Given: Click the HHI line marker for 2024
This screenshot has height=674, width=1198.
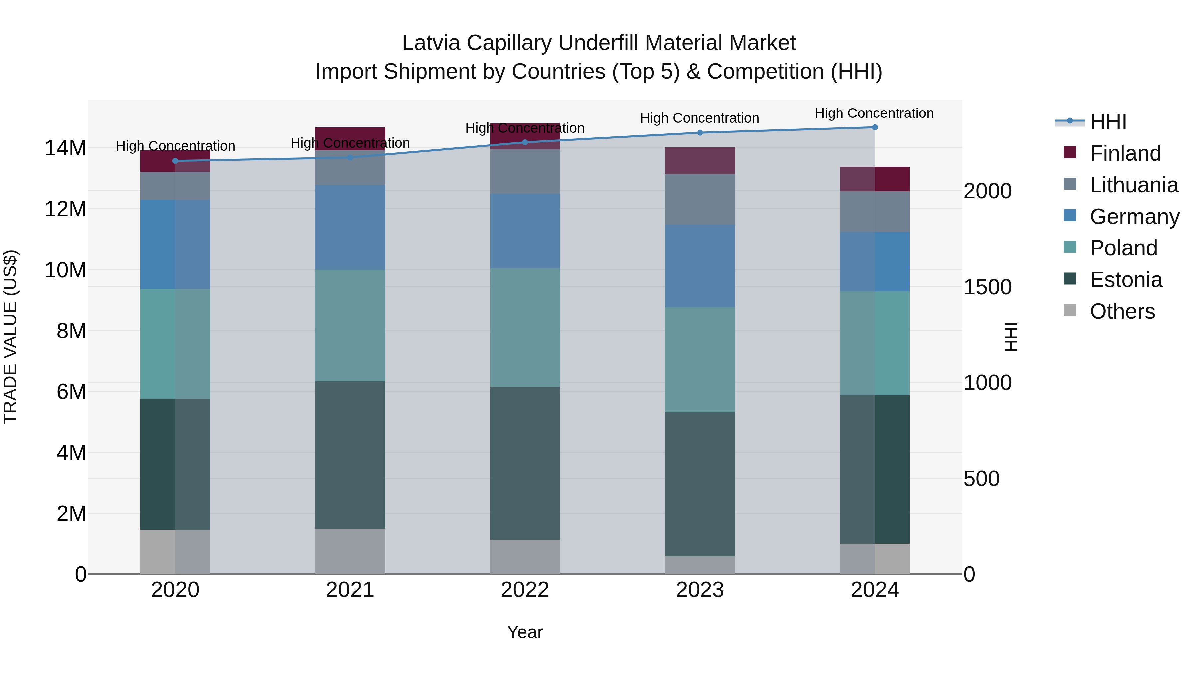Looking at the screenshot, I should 874,127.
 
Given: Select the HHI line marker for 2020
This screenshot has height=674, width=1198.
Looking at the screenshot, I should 175,161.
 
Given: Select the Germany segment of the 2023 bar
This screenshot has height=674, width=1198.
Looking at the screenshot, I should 699,266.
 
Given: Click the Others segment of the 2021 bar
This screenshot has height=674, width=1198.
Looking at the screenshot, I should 350,551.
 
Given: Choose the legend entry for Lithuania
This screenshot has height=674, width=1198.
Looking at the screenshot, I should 1133,185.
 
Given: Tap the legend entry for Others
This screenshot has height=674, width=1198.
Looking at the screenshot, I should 1122,311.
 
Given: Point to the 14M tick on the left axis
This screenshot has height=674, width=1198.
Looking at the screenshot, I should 65,148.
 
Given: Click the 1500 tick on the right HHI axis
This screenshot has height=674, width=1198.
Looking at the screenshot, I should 987,287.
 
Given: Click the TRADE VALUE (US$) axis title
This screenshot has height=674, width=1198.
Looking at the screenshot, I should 10,337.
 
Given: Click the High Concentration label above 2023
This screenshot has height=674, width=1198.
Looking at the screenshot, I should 699,118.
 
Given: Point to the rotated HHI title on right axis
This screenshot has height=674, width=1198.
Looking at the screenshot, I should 1011,337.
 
